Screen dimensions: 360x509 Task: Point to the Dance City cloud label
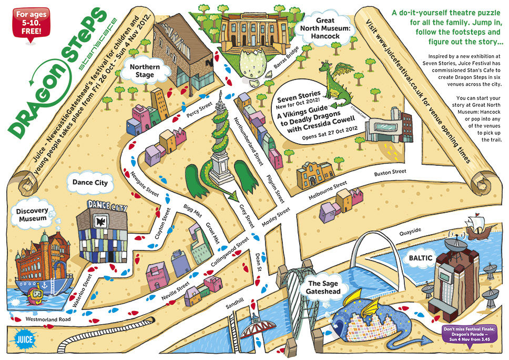(x=89, y=183)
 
